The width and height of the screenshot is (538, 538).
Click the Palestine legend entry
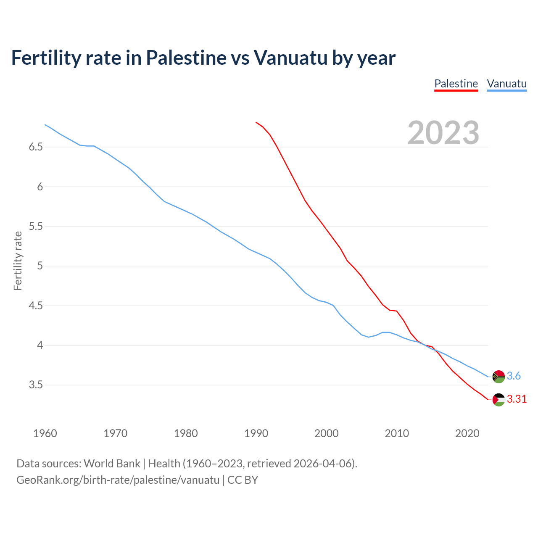(x=456, y=84)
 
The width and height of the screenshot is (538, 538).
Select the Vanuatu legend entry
(x=506, y=84)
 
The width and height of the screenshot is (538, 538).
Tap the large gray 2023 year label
(x=443, y=133)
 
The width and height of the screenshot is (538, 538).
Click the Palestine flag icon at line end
(x=498, y=399)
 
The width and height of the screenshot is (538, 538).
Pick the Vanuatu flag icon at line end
(x=498, y=376)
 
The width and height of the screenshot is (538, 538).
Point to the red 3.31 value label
(x=517, y=399)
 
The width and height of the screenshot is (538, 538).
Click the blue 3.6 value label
(x=514, y=376)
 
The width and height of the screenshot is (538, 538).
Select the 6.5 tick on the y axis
(x=36, y=147)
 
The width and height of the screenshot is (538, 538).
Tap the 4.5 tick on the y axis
(x=36, y=306)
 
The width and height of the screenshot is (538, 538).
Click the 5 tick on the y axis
(x=40, y=266)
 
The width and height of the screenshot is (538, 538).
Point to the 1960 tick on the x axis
(x=45, y=433)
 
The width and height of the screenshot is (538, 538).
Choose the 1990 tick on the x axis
(x=256, y=433)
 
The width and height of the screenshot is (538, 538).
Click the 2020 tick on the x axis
(x=467, y=433)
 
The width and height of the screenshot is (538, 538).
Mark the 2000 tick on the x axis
(x=326, y=433)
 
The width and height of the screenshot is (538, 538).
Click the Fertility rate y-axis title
(x=18, y=261)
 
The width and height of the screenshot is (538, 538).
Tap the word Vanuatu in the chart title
(x=290, y=58)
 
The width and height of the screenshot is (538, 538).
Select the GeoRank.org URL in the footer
(x=118, y=480)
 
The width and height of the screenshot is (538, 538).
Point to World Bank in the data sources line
(x=112, y=464)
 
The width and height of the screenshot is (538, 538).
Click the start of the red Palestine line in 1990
(x=256, y=122)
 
